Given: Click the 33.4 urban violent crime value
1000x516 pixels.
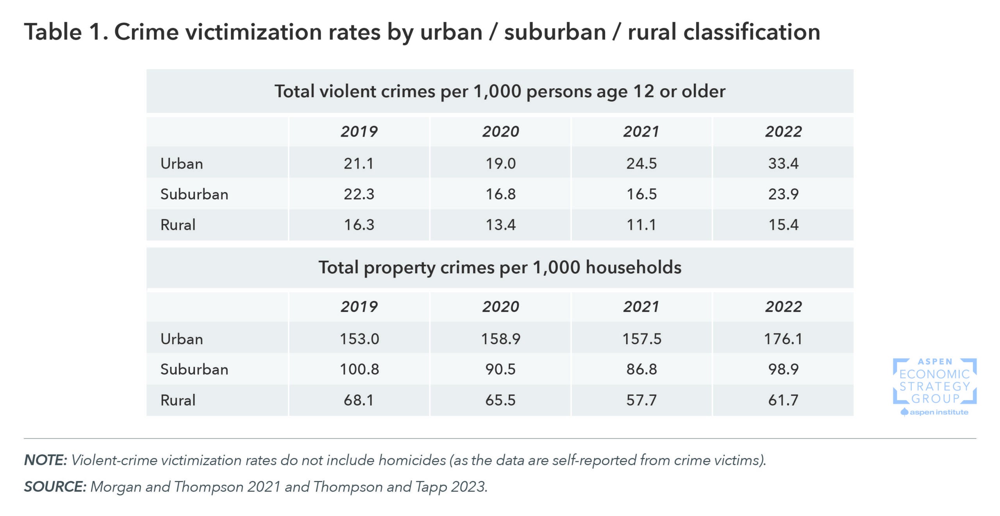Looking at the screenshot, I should [x=783, y=163].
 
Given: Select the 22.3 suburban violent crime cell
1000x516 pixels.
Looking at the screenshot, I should [x=359, y=194].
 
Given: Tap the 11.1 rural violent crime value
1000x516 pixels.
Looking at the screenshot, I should [x=641, y=225].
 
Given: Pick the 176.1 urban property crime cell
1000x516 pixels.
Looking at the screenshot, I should [x=783, y=339].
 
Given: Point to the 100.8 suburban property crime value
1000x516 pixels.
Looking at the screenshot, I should [x=359, y=369].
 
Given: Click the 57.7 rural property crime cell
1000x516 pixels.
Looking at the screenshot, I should [x=641, y=400].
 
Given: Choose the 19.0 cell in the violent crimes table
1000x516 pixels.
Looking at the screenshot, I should [x=500, y=163].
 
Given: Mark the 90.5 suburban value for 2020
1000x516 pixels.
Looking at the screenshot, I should [x=500, y=369].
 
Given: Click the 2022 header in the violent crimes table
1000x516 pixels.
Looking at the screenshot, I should [x=783, y=132].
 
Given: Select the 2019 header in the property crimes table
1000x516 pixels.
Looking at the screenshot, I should [x=359, y=307].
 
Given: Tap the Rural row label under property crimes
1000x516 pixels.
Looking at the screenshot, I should [x=178, y=400].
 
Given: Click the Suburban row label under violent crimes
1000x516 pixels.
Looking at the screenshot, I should [x=194, y=194].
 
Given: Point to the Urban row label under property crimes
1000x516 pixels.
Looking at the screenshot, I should [x=182, y=339].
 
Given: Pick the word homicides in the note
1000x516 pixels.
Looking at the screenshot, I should [x=412, y=460].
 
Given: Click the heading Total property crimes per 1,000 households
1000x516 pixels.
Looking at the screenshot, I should [x=500, y=268].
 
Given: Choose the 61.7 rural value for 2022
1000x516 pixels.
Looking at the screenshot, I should [x=783, y=400].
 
